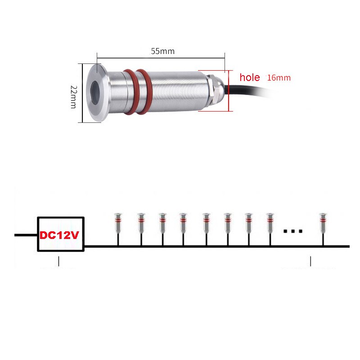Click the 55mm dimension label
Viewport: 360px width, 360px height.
[x=162, y=51]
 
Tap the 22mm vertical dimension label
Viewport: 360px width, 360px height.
[x=73, y=97]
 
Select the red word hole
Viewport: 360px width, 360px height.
[x=250, y=77]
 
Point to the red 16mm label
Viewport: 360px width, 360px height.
[x=279, y=77]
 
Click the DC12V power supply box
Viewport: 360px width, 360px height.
[x=61, y=234]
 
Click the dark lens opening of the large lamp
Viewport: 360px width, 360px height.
[x=94, y=93]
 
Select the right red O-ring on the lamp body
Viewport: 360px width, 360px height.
[x=144, y=92]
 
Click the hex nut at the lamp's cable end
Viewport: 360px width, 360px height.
[x=211, y=91]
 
